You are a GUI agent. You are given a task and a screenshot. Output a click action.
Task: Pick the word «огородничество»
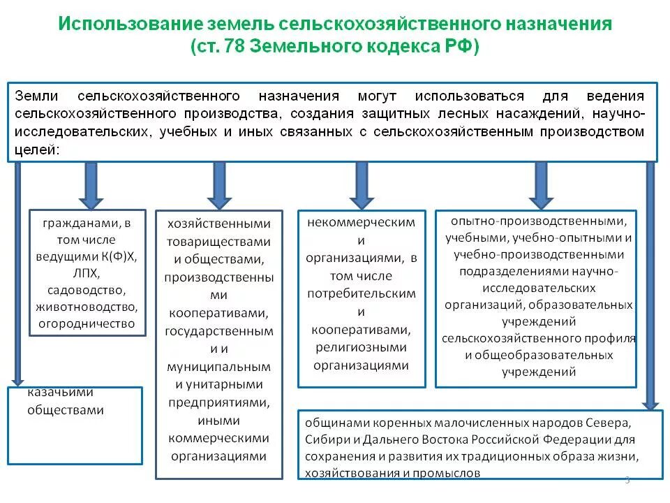click(x=87, y=323)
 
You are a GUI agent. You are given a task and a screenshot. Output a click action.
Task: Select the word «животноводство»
click(x=87, y=307)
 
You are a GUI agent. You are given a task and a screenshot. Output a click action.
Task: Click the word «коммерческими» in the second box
click(x=218, y=438)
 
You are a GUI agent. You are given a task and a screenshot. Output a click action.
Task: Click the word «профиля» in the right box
click(x=612, y=338)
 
